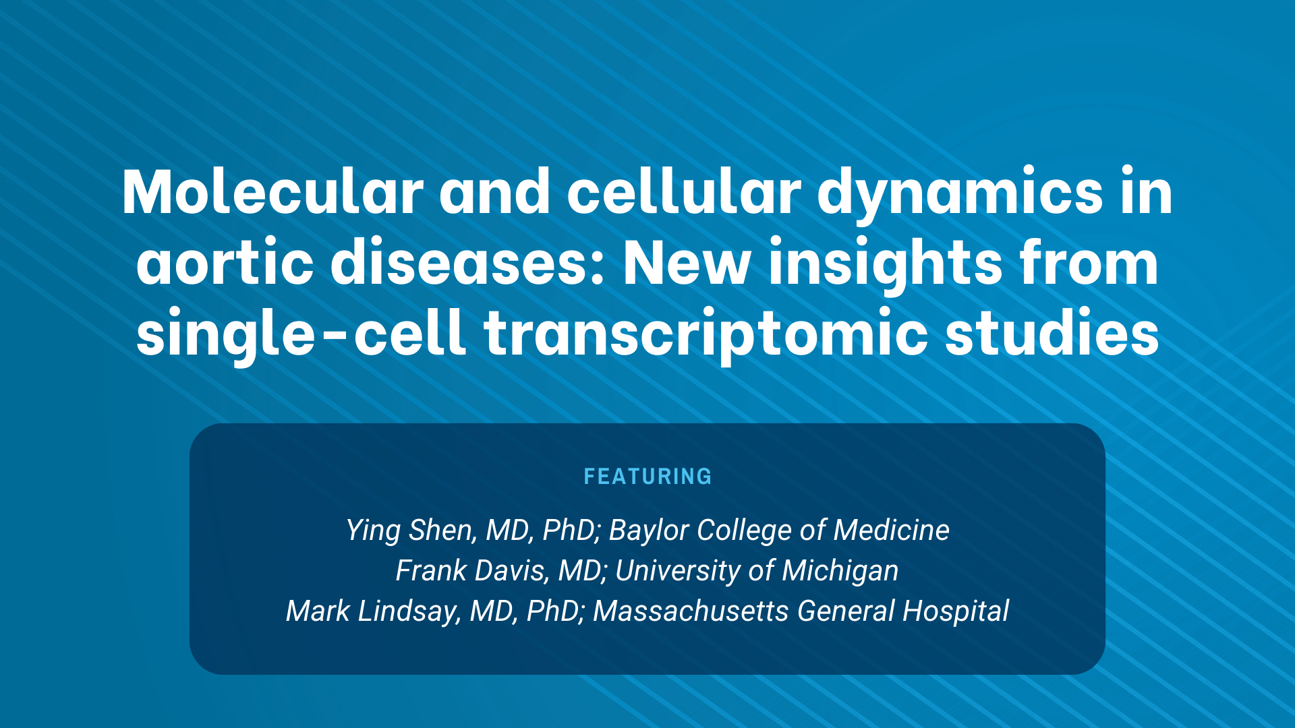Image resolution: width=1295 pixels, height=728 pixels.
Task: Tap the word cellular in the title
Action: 684,193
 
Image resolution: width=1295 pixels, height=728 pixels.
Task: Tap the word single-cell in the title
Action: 301,334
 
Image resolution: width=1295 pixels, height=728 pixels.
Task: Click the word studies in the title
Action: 1052,333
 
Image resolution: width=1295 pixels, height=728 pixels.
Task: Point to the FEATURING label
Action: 647,477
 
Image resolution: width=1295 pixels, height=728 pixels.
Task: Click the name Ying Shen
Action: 408,530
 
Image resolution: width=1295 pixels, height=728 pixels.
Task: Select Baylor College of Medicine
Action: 779,530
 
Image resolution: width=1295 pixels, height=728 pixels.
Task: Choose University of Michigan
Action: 757,571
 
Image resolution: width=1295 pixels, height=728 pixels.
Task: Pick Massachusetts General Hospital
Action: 801,611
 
